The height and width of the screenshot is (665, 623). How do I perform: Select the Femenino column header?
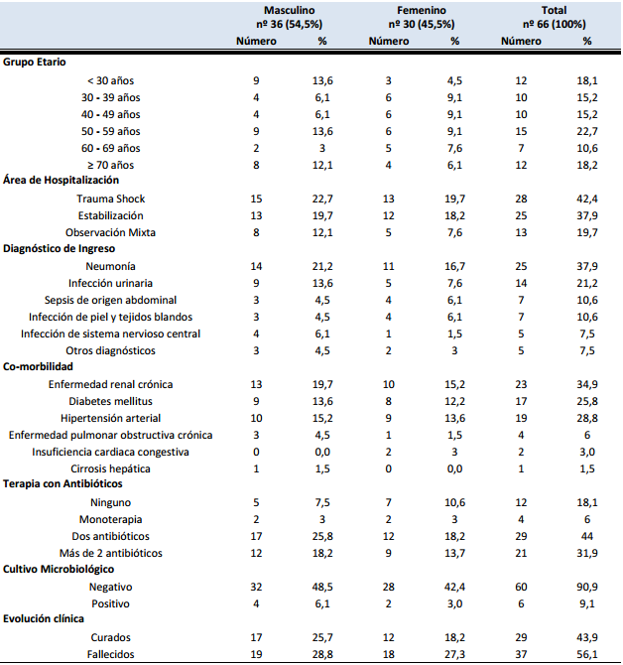pyautogui.click(x=422, y=9)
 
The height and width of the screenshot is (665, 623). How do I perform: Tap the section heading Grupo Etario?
pyautogui.click(x=36, y=62)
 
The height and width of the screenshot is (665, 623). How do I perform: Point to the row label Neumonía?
pyautogui.click(x=111, y=267)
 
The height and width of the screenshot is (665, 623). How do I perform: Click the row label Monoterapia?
pyautogui.click(x=111, y=518)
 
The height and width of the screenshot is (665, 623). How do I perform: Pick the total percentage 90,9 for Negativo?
pyautogui.click(x=587, y=587)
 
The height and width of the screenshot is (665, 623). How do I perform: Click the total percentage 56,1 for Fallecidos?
pyautogui.click(x=587, y=654)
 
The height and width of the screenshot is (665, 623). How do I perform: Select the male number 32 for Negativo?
pyautogui.click(x=257, y=587)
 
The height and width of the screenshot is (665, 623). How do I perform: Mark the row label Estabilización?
pyautogui.click(x=111, y=215)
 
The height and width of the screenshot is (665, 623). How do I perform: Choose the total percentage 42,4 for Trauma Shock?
pyautogui.click(x=587, y=199)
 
